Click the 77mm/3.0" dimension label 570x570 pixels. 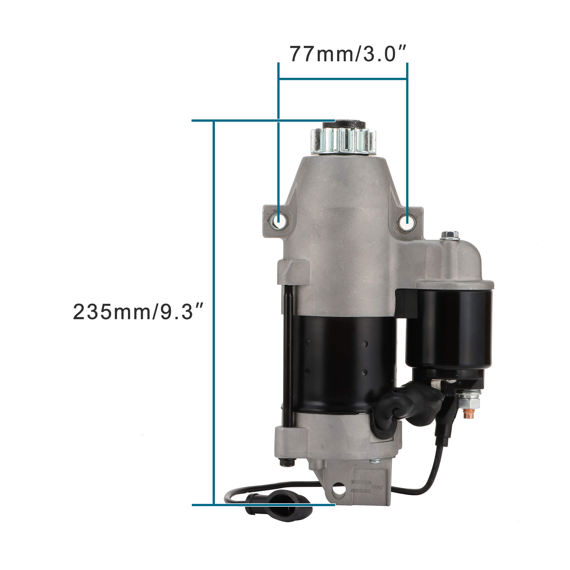[x=348, y=54]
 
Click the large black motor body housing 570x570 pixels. [x=339, y=363]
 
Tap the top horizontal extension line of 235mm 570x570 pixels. [x=262, y=120]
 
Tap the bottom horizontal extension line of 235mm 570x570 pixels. [x=262, y=505]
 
